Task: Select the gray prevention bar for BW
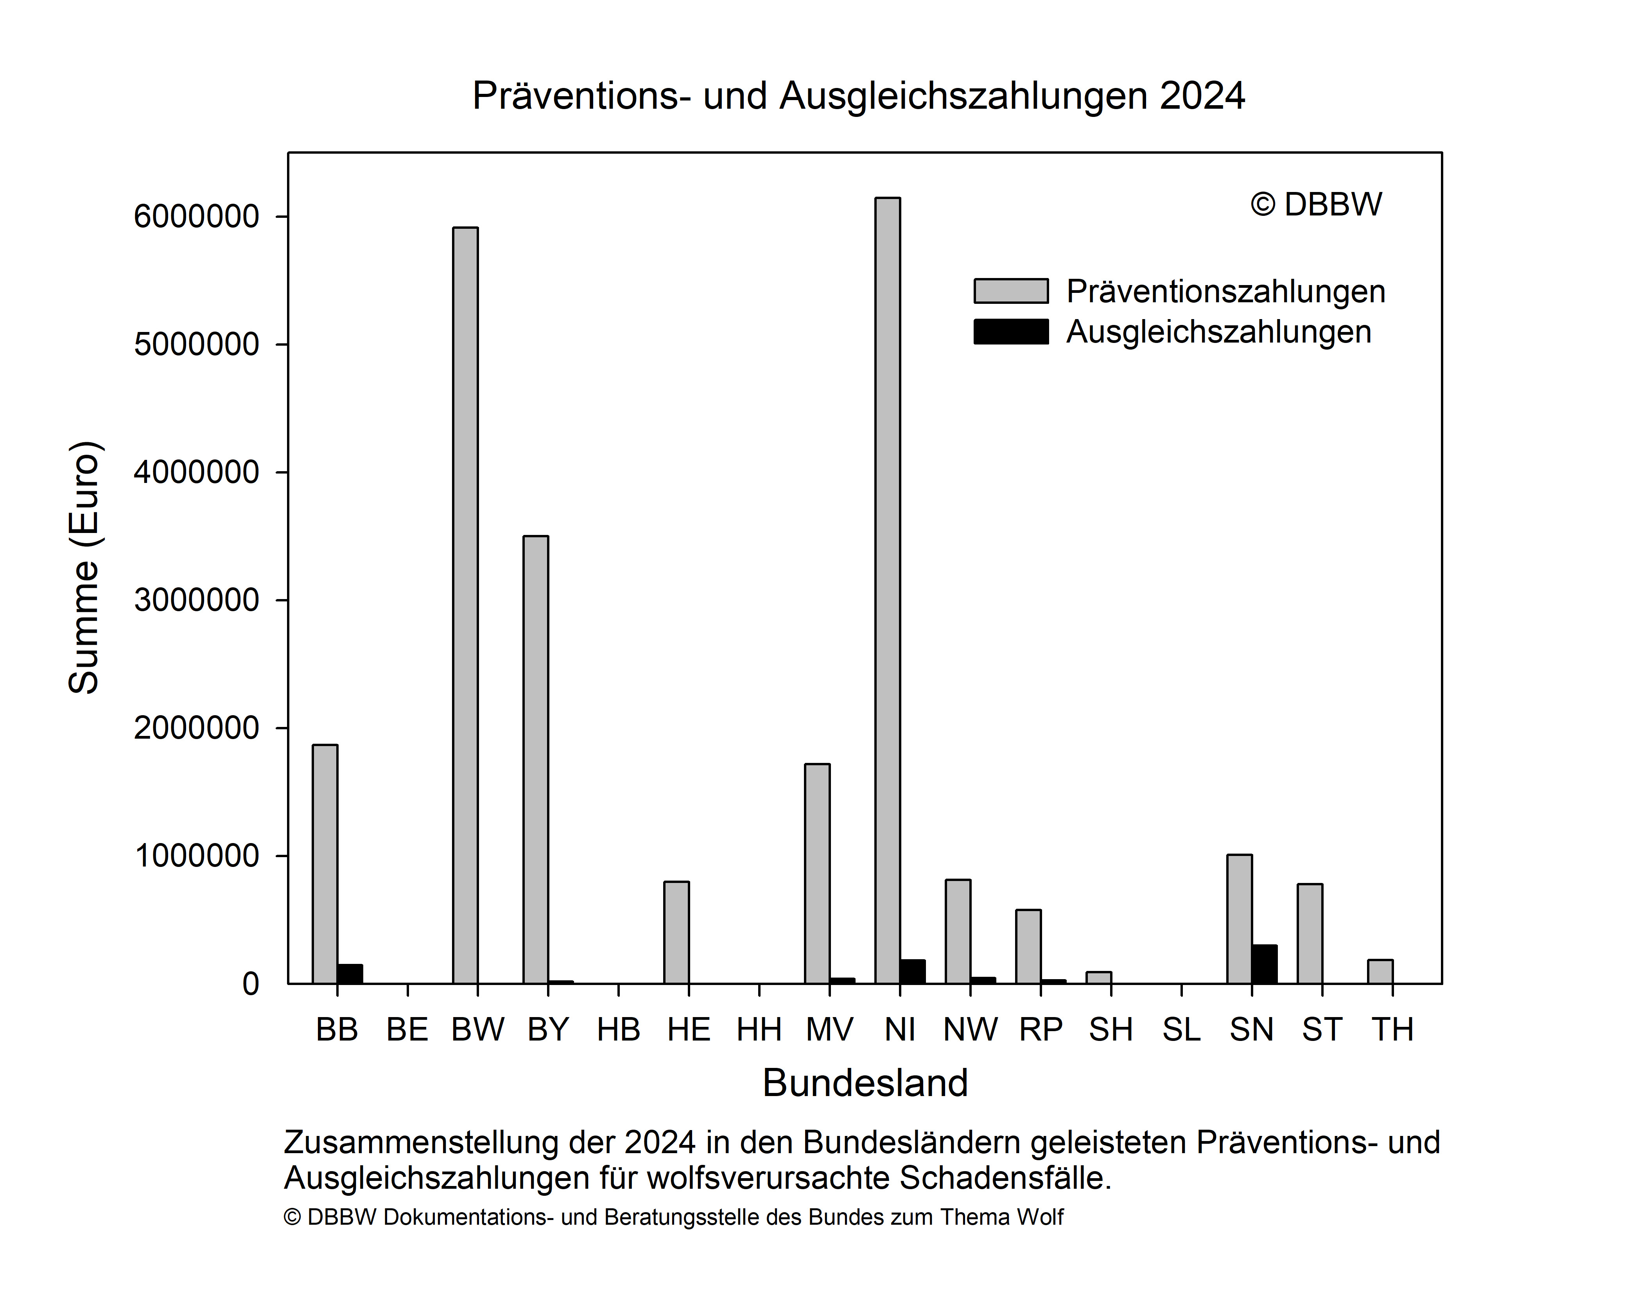coord(465,605)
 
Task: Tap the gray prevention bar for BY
coord(536,759)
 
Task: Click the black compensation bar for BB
coord(350,974)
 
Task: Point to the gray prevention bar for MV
coord(818,874)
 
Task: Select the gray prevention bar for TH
coord(1380,972)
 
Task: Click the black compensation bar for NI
coord(913,972)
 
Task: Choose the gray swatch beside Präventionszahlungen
coord(1011,291)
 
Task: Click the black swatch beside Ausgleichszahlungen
coord(1011,332)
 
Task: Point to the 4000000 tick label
coord(196,472)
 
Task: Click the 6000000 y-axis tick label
coord(196,217)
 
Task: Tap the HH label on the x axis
coord(759,1029)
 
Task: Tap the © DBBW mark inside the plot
coord(1316,204)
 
